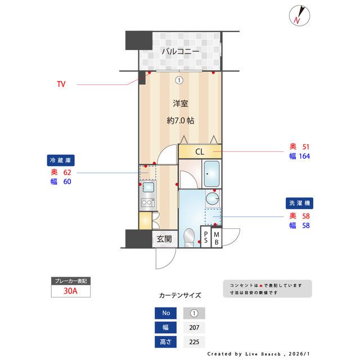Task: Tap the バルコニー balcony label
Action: click(180, 52)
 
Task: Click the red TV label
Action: click(61, 85)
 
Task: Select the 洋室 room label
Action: click(180, 103)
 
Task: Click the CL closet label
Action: click(200, 152)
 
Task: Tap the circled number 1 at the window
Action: click(179, 80)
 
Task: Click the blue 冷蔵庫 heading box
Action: click(61, 160)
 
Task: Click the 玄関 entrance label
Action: click(164, 239)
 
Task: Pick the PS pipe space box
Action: click(206, 237)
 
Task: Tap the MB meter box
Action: click(217, 237)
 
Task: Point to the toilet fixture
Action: click(189, 237)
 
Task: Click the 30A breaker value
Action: click(71, 291)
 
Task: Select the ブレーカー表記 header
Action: click(71, 281)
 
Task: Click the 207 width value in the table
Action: click(194, 327)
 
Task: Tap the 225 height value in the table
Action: click(194, 341)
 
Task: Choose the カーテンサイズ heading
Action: click(180, 295)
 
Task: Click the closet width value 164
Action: click(304, 156)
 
